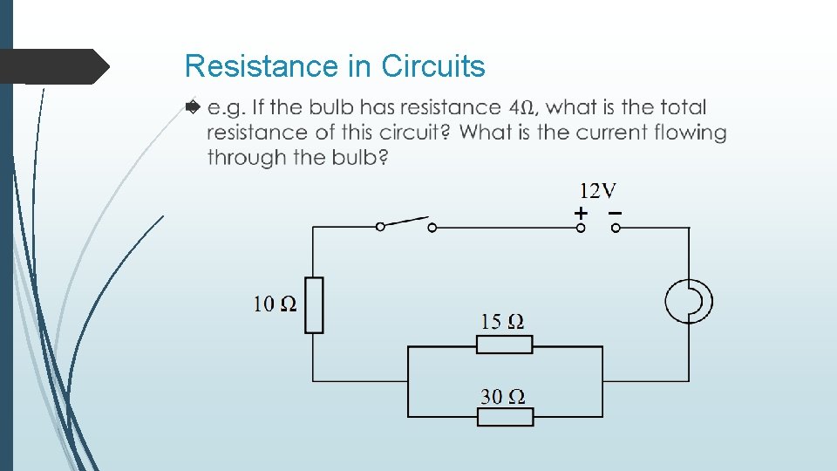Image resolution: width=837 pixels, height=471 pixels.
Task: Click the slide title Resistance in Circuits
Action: (335, 66)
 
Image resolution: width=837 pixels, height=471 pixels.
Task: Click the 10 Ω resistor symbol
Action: (314, 305)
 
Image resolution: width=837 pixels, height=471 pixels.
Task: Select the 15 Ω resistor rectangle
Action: (505, 345)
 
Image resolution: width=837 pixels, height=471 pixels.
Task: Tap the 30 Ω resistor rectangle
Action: (505, 417)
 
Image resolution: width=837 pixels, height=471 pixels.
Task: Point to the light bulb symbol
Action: (689, 302)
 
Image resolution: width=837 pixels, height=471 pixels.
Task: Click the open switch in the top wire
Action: (405, 224)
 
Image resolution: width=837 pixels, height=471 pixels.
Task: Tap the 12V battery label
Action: (598, 190)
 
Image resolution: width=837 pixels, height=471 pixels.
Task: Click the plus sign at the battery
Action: (581, 212)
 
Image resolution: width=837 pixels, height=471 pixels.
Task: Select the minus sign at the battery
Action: (616, 212)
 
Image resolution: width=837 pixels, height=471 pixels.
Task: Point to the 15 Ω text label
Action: (502, 322)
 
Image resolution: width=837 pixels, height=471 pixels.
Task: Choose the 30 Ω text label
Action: (502, 397)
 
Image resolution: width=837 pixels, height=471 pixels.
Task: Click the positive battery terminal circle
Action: (581, 228)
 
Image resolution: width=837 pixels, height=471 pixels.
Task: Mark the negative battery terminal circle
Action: (616, 228)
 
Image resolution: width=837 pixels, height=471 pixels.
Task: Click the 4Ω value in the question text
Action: (521, 108)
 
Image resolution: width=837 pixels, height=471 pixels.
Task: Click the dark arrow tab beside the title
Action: (54, 66)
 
